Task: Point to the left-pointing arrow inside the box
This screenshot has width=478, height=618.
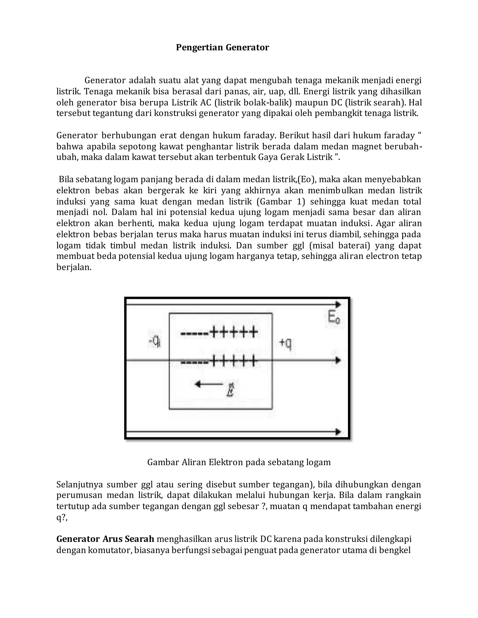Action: point(209,384)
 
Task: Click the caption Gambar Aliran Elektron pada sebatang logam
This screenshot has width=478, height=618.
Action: point(239,462)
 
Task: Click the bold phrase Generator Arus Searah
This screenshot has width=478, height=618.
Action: point(105,539)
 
